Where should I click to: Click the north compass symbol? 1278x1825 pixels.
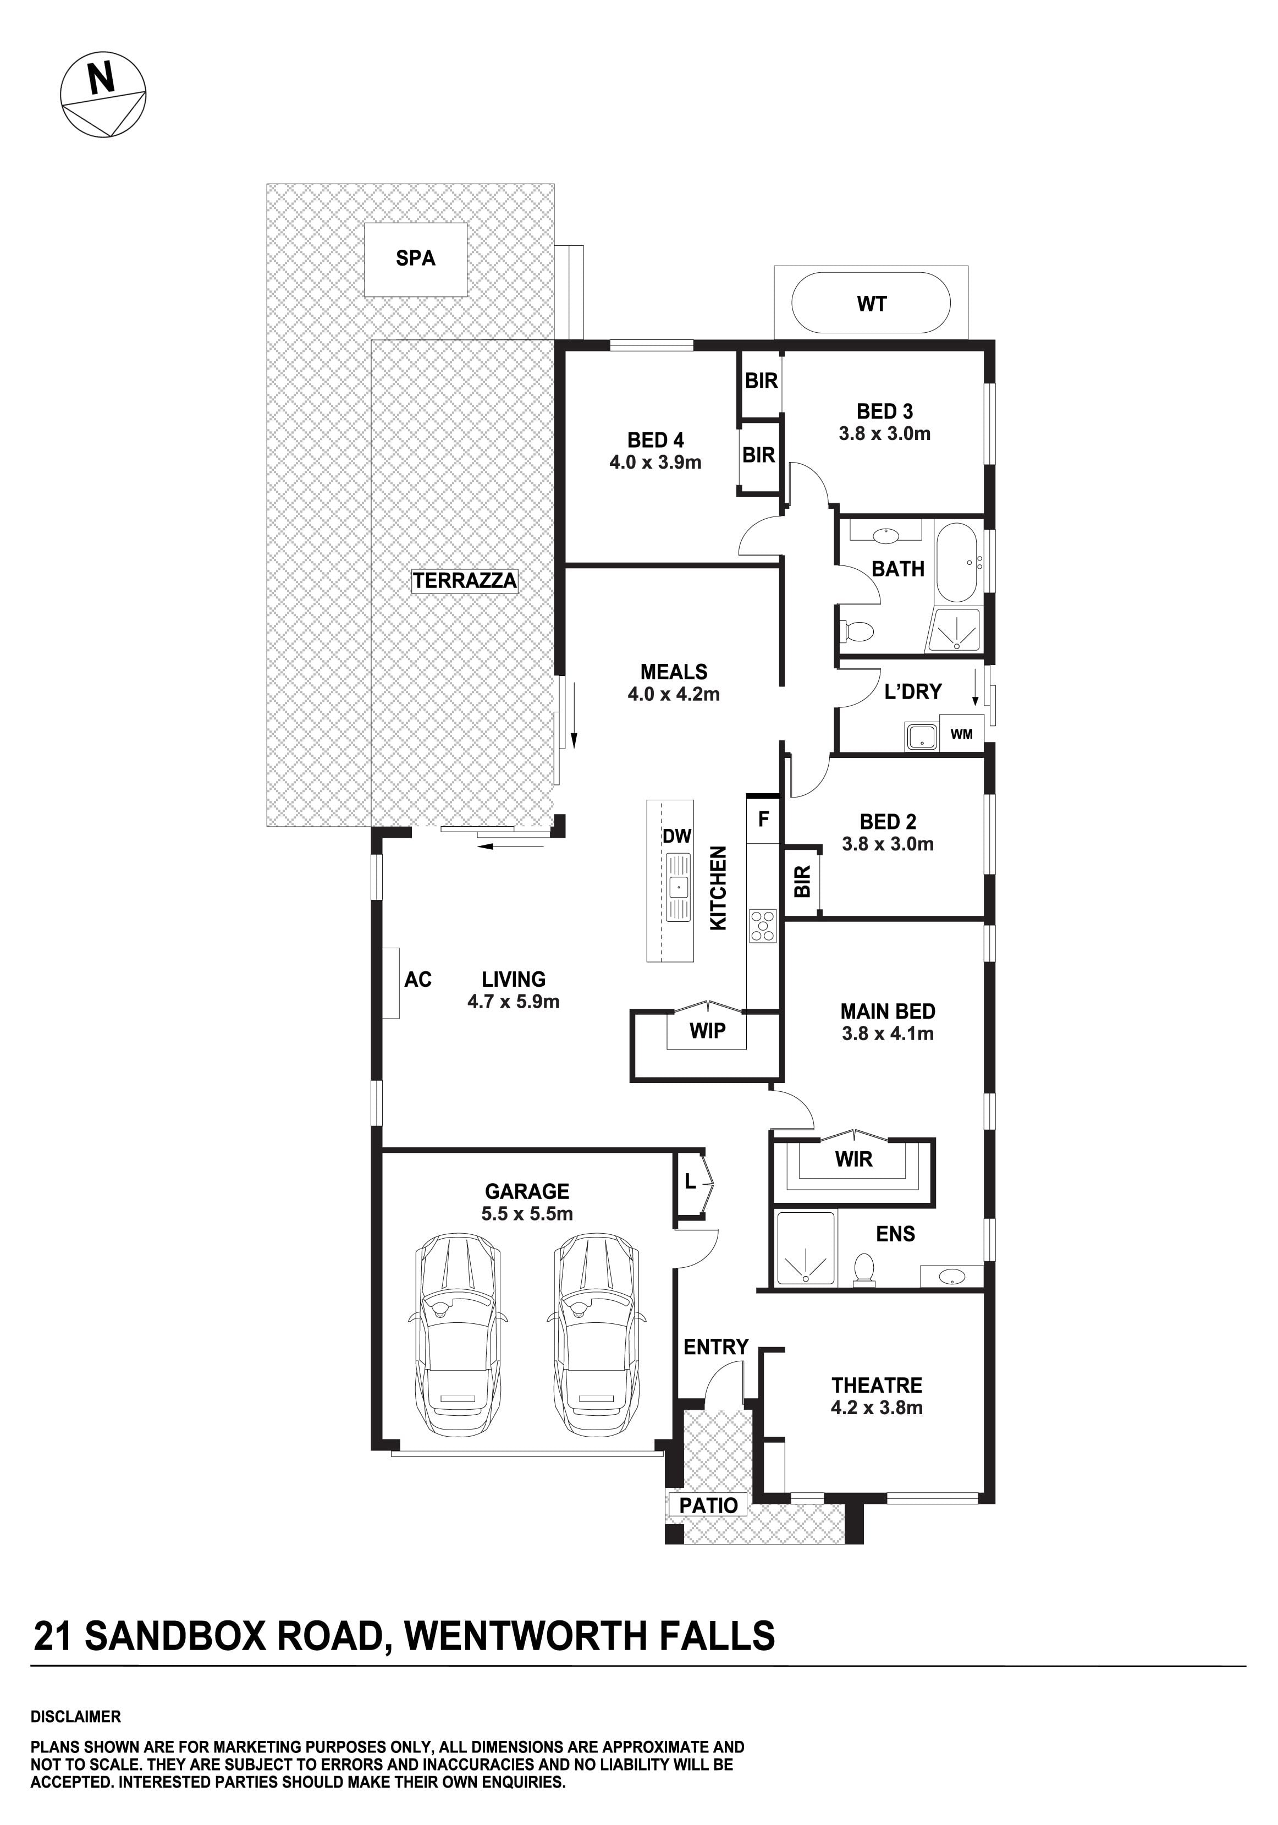tap(103, 95)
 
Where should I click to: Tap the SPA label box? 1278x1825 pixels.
tap(415, 259)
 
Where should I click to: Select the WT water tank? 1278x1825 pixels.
tap(871, 303)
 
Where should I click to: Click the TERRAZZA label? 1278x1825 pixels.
tap(465, 580)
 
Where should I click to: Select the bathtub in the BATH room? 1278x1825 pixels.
tap(958, 562)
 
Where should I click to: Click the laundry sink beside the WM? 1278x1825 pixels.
tap(921, 736)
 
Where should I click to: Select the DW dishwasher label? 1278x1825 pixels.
tap(677, 835)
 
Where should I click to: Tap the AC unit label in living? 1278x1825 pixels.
tap(418, 979)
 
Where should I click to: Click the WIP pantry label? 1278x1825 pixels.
tap(707, 1030)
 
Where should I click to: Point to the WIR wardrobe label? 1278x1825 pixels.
tap(853, 1159)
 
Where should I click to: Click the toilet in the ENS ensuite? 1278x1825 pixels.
tap(863, 1269)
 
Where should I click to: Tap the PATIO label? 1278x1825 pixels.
tap(708, 1505)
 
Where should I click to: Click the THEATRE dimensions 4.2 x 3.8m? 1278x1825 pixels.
tap(877, 1408)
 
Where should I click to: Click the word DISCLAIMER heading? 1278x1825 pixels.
tap(75, 1717)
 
